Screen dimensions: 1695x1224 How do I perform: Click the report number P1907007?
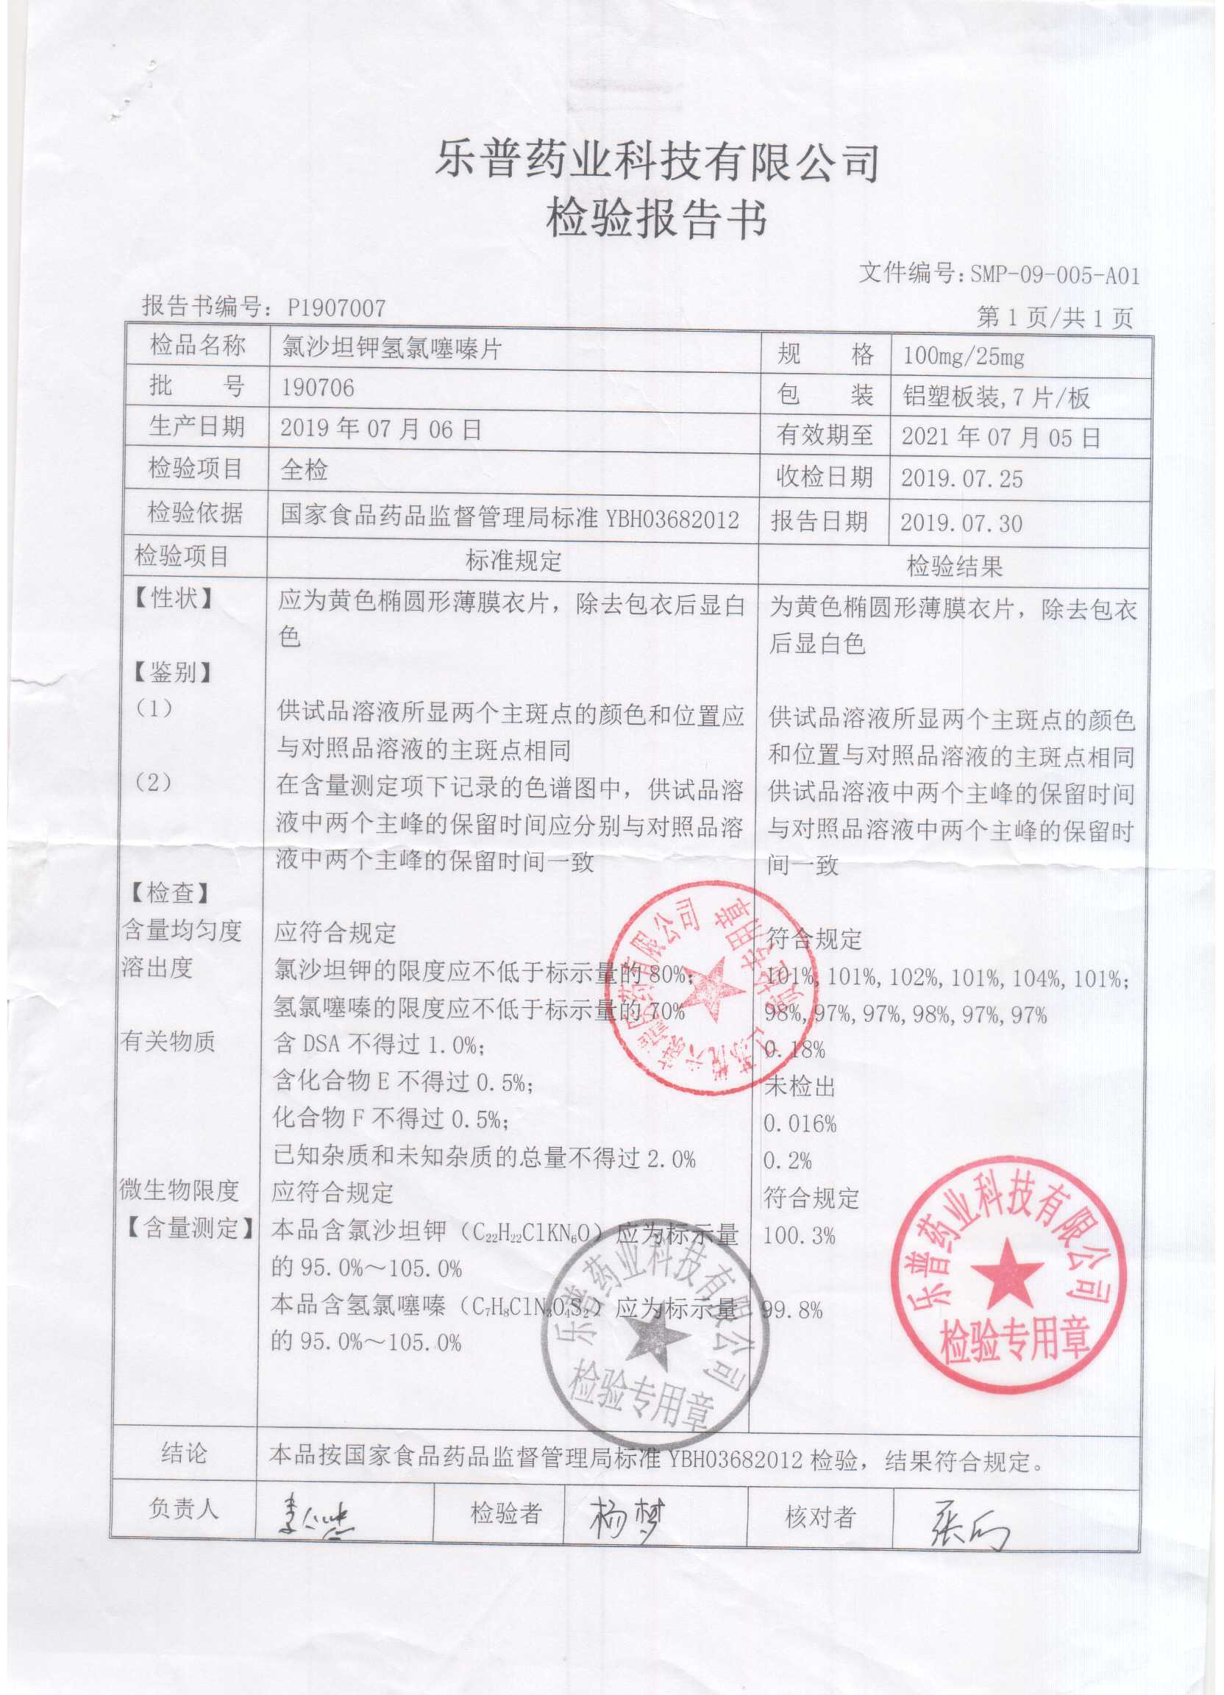pyautogui.click(x=336, y=308)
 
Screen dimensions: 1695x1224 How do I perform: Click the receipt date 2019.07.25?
pyautogui.click(x=961, y=478)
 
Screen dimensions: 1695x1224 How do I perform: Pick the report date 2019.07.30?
pyautogui.click(x=961, y=522)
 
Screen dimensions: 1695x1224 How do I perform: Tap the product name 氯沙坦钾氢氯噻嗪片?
pyautogui.click(x=391, y=347)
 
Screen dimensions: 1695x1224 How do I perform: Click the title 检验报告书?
pyautogui.click(x=657, y=219)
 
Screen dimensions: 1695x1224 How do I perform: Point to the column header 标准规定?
pyautogui.click(x=513, y=561)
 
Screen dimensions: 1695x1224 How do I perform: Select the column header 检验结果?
pyautogui.click(x=954, y=566)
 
